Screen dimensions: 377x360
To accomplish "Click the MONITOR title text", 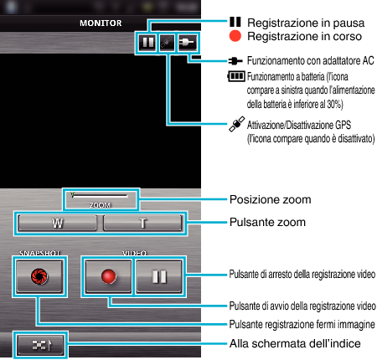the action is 101,23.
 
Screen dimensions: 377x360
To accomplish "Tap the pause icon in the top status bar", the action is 147,43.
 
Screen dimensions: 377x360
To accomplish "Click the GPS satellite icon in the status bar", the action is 167,43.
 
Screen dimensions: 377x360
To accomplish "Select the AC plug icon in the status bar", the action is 187,43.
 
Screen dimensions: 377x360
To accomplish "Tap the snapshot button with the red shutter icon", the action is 39,276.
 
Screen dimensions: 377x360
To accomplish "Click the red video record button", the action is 108,276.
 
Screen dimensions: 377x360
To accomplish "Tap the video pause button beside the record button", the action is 159,276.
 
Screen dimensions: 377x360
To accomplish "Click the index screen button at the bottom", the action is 40,345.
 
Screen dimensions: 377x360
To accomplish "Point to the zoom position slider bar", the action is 100,195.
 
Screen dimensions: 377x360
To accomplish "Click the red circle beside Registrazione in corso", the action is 235,36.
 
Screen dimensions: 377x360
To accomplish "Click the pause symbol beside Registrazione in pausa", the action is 235,22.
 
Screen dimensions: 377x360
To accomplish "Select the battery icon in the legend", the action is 236,76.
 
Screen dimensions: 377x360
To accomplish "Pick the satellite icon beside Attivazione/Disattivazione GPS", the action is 237,124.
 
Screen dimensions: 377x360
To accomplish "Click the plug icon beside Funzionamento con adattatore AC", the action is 235,60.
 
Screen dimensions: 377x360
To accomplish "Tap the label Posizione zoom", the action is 270,199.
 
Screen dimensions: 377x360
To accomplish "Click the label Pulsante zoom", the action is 267,222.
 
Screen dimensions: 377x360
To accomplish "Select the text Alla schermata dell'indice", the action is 295,343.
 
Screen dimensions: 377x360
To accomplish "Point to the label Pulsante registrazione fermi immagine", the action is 302,324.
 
